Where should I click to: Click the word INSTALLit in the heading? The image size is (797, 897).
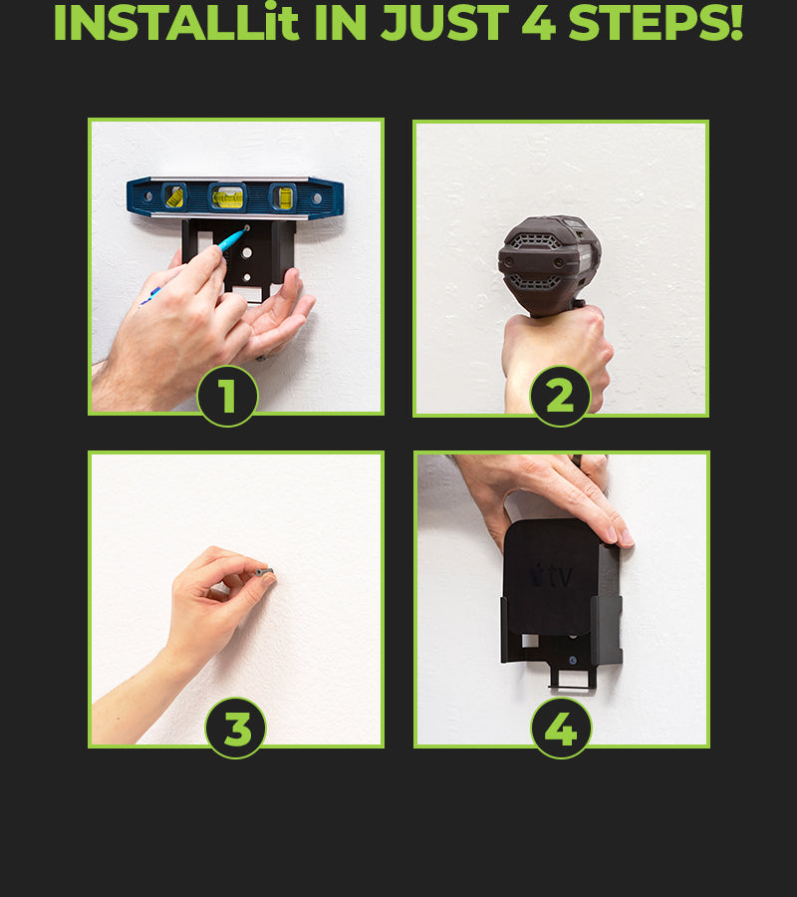176,23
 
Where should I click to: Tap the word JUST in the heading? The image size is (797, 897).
444,23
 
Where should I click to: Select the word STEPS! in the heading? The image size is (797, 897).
656,23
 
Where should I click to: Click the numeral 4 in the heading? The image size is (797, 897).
539,23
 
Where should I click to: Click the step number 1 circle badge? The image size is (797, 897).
227,396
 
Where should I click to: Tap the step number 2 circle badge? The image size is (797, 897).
560,396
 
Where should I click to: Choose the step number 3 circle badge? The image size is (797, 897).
235,729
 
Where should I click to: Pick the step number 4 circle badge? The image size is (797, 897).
561,729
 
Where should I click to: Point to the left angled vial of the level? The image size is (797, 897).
173,196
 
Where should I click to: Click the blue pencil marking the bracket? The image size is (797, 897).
195,265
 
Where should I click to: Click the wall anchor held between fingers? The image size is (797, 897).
265,572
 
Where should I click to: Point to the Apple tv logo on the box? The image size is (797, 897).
551,576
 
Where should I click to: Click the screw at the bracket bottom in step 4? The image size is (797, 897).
573,661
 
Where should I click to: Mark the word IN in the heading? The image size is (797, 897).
340,23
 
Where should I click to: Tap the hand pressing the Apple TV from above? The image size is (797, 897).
543,497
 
